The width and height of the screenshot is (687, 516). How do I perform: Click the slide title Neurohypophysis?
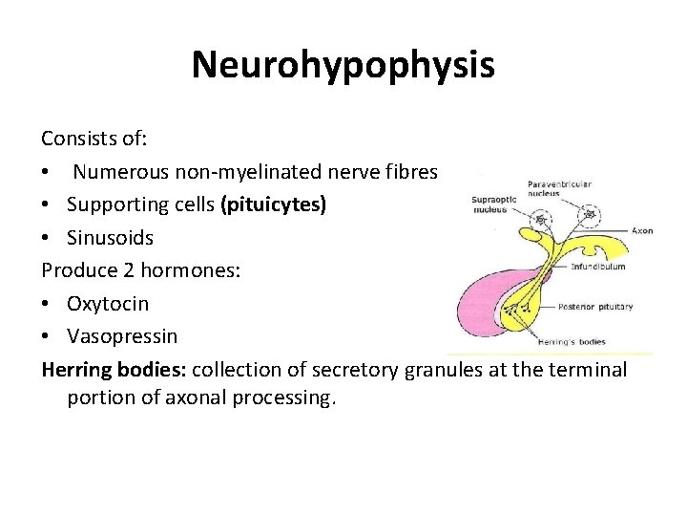click(343, 65)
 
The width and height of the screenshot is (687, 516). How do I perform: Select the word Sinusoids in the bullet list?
click(110, 237)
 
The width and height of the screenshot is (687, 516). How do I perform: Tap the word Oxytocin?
click(108, 304)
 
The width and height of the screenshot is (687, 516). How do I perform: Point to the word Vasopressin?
click(122, 336)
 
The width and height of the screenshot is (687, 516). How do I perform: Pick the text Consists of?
click(93, 139)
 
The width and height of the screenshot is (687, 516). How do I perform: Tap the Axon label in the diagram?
click(641, 230)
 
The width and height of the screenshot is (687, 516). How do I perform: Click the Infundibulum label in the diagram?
click(597, 267)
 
